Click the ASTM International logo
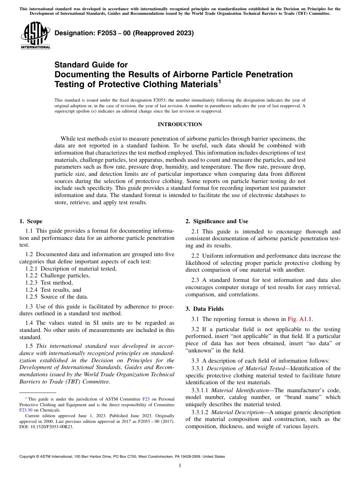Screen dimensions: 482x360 [35, 35]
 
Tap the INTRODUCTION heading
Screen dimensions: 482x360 [180, 124]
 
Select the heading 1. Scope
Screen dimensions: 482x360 [31, 221]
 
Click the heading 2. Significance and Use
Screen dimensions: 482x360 [217, 221]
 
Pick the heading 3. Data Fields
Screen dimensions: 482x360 [205, 309]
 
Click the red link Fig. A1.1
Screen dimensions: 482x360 [300, 319]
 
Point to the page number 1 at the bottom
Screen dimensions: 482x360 [180, 466]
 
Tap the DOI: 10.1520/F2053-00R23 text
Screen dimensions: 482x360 [46, 427]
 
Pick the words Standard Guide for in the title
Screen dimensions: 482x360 [91, 65]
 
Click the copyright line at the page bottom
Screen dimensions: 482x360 [122, 457]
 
